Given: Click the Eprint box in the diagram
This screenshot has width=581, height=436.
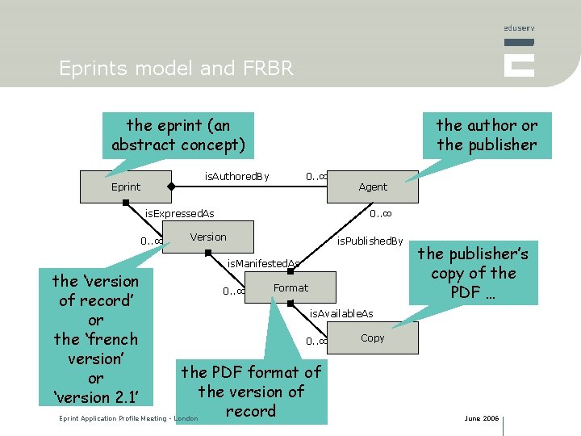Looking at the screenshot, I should click(126, 187).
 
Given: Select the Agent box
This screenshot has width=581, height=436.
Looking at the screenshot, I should click(373, 187).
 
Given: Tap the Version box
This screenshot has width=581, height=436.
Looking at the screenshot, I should click(208, 237).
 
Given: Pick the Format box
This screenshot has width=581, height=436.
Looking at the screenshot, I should click(290, 287).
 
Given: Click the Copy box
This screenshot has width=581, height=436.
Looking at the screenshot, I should click(373, 337).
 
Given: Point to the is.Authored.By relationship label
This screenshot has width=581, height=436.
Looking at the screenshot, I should click(236, 176).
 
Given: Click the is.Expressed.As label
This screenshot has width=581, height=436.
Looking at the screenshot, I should click(179, 214).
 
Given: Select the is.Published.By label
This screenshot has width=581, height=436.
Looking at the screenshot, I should click(370, 241).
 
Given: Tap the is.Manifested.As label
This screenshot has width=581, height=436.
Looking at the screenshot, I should click(263, 263).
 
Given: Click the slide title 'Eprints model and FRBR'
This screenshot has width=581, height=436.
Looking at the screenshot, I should click(177, 69).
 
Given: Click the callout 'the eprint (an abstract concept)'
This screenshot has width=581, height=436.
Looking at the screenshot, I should click(178, 135).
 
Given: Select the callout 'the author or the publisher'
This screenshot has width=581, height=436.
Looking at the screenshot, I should click(487, 135).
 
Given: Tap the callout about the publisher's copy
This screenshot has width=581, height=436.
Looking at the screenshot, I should click(473, 273).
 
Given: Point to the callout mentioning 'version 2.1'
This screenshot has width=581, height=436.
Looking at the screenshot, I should click(95, 339).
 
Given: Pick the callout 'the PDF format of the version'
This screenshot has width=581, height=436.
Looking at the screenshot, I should click(250, 392).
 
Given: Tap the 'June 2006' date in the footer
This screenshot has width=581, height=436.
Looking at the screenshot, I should click(481, 418).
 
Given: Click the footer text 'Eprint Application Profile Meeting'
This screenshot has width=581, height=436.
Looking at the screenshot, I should click(128, 418).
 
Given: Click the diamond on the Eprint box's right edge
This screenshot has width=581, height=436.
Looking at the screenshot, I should click(170, 187).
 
